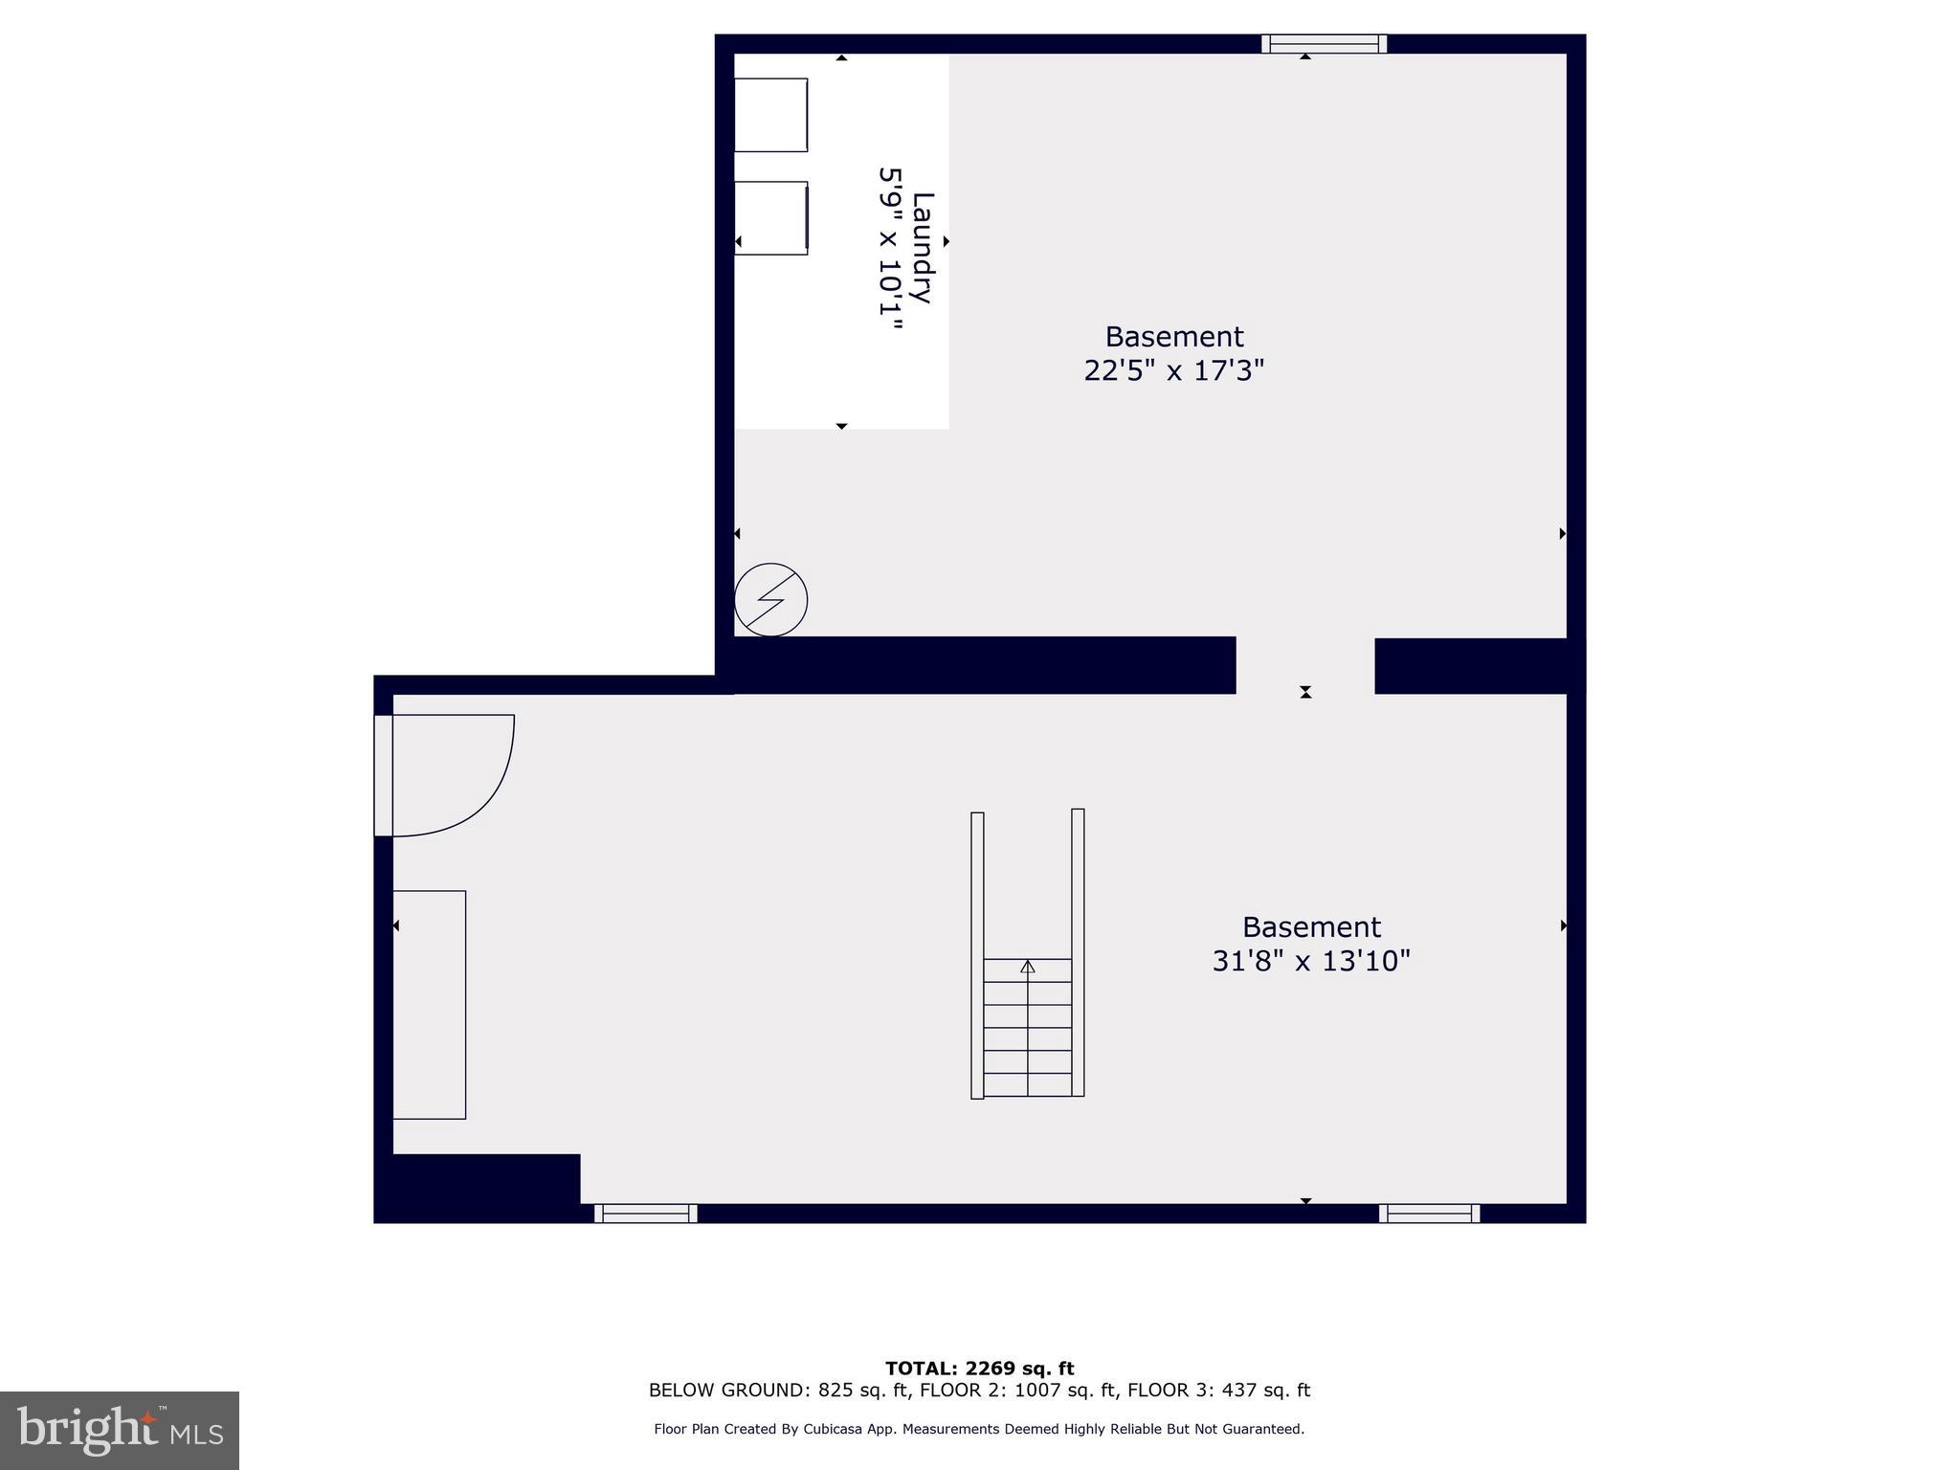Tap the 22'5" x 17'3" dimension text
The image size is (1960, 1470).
[1173, 370]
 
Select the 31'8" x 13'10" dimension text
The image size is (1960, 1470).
[1310, 961]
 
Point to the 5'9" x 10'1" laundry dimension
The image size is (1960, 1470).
[891, 249]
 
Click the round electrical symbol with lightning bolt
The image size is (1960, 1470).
[770, 600]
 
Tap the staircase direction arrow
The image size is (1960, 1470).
[1028, 967]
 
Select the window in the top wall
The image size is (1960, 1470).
[1324, 44]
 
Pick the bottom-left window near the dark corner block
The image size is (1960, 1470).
[646, 1214]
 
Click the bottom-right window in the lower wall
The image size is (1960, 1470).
[1429, 1214]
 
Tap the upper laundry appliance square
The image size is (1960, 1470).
[770, 115]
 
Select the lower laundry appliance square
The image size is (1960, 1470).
[770, 218]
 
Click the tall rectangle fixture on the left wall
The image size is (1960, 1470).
[430, 1005]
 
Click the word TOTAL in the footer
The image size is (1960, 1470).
[919, 1369]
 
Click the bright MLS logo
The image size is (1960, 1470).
[120, 1430]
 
